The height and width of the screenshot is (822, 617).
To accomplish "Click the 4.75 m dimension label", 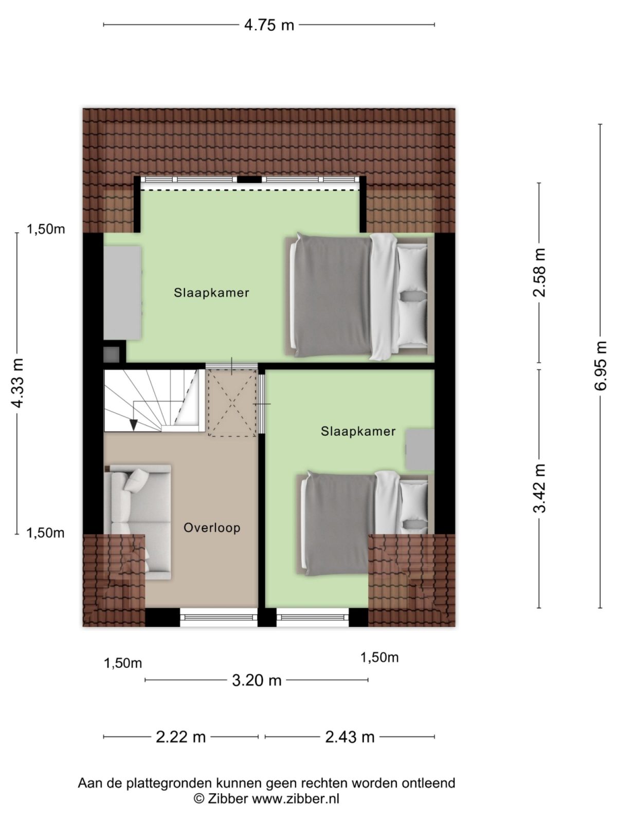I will point(268,25).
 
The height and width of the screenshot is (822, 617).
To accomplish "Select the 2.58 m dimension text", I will point(539,272).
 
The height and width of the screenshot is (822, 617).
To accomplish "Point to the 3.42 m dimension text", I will point(539,488).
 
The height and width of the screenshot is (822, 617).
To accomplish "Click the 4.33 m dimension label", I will point(17,383).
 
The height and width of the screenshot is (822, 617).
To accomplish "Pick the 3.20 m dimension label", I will point(257,680).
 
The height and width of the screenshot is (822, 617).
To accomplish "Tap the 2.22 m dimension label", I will point(180,737).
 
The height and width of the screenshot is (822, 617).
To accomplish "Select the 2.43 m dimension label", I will point(350,737).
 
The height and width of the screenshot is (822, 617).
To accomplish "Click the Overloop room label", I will point(212,528).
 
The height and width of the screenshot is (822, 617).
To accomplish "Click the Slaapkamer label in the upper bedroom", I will point(211,293).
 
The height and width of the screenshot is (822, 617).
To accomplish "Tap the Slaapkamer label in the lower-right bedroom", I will point(358,432).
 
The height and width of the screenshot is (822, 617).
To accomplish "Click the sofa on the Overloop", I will point(137,521).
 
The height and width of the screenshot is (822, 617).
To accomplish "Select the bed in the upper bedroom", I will point(359,295).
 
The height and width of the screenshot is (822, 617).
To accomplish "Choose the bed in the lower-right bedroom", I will point(364,521).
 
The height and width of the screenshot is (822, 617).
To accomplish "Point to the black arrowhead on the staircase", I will point(134,424).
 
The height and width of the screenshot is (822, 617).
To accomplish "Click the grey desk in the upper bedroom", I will point(122,292).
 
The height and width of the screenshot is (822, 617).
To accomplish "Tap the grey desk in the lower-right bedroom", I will point(420,450).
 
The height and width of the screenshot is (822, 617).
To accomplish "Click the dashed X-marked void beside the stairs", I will point(232,403).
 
